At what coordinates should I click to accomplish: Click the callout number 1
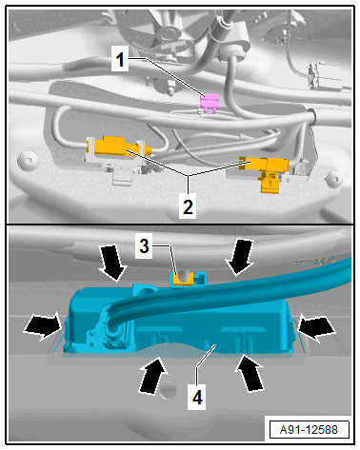point(120,59)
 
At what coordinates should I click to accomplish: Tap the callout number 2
point(188,206)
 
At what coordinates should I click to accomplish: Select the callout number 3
point(145,245)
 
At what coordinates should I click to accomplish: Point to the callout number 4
point(197,398)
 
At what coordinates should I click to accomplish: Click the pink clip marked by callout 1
point(209,103)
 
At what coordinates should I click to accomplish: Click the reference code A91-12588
point(309,429)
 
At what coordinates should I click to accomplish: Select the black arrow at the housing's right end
point(317,327)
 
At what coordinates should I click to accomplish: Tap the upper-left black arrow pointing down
point(111,263)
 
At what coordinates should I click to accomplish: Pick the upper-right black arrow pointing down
point(240,257)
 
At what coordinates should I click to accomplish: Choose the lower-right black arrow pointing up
point(250,374)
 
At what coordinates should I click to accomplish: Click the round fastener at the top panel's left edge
point(29,160)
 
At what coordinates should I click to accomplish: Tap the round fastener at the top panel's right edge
point(334,180)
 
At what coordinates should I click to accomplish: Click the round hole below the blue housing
point(169,391)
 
